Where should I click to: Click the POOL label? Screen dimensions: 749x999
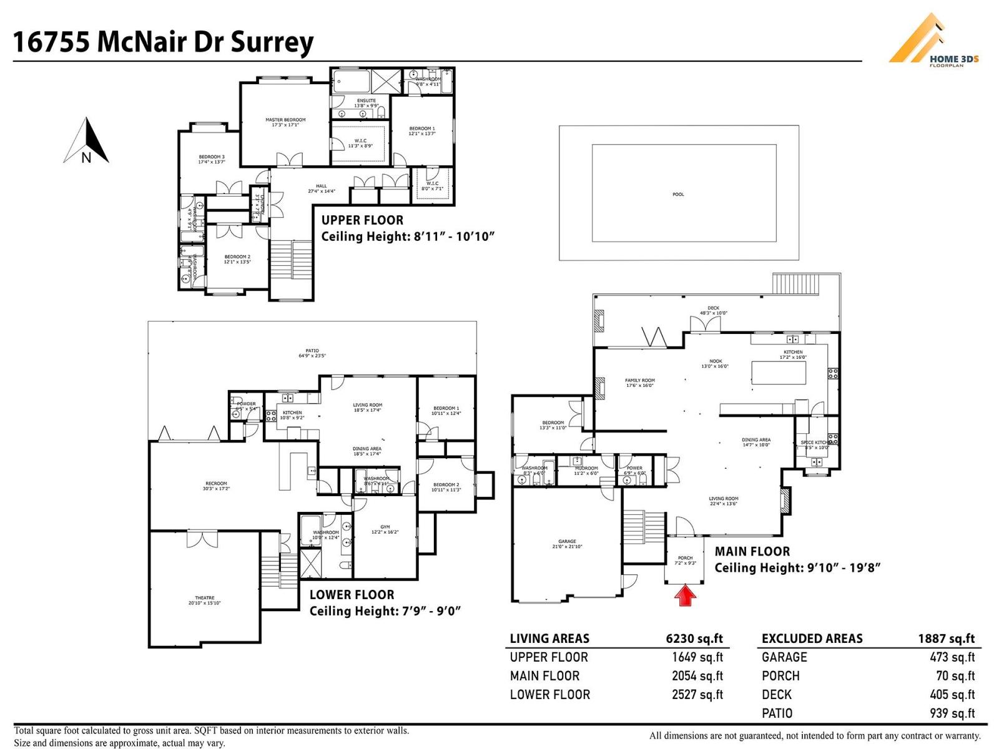[678, 194]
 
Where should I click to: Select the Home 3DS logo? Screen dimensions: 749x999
[933, 41]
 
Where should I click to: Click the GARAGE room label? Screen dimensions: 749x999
[567, 541]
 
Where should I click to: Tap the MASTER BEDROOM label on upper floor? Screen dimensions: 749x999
[285, 120]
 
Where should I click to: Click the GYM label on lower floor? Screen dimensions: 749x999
[385, 527]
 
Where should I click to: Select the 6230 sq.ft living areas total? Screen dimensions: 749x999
[694, 639]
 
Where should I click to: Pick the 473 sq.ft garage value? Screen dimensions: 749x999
[952, 657]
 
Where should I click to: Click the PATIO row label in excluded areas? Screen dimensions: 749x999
[777, 713]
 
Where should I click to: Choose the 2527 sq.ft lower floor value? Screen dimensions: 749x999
[697, 694]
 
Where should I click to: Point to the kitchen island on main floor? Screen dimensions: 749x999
[778, 373]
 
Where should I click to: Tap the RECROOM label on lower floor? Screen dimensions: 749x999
[216, 484]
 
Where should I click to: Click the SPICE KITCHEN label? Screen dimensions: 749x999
[815, 443]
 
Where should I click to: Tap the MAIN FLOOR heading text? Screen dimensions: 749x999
[752, 551]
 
